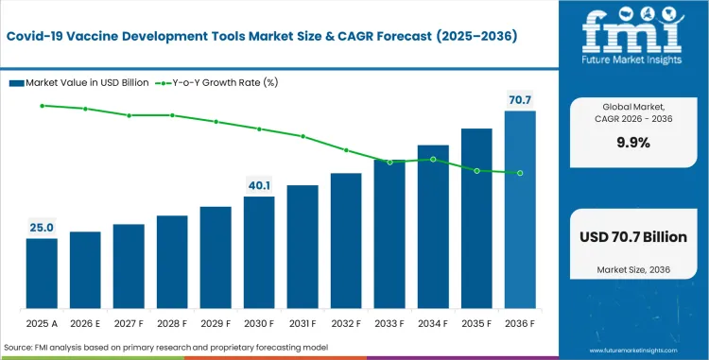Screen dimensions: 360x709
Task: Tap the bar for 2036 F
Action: pyautogui.click(x=520, y=211)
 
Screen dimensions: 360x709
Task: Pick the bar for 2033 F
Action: pyautogui.click(x=389, y=235)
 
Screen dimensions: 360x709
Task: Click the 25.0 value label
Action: pyautogui.click(x=42, y=228)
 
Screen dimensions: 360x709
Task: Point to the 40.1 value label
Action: pyautogui.click(x=259, y=185)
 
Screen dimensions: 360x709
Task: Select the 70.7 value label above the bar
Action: pyautogui.click(x=520, y=99)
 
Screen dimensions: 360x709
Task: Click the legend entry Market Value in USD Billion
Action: pyautogui.click(x=81, y=82)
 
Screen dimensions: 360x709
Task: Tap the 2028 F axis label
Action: pyautogui.click(x=172, y=321)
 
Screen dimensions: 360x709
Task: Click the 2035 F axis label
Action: pyautogui.click(x=476, y=321)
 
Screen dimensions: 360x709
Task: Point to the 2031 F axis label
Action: pyautogui.click(x=303, y=321)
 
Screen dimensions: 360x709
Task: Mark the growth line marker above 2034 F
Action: pyautogui.click(x=433, y=160)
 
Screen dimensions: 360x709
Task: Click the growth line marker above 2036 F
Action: pyautogui.click(x=520, y=173)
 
